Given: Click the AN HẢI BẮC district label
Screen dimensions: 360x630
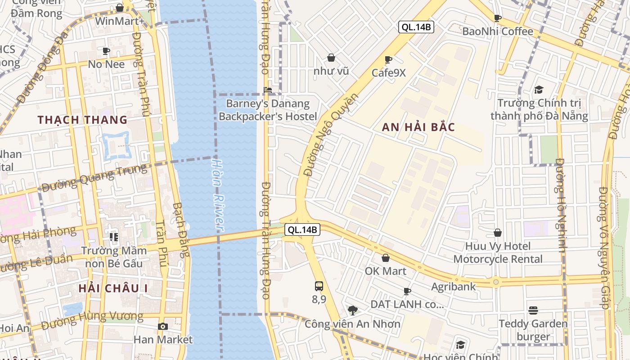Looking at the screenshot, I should pos(418,127).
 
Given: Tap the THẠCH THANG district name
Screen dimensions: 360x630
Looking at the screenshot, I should pos(83,120).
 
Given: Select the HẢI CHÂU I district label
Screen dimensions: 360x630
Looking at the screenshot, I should pos(113,288).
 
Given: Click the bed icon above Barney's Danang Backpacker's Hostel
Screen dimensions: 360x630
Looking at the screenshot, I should pos(268,90).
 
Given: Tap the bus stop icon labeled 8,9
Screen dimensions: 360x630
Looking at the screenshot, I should pos(319,286).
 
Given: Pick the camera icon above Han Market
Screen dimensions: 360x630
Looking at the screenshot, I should pos(162,326).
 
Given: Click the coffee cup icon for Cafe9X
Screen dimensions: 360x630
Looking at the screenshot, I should pos(388,59).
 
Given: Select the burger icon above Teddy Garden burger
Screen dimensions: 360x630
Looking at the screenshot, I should pos(533,310).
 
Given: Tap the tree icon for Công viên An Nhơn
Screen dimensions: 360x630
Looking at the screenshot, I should pos(353,310).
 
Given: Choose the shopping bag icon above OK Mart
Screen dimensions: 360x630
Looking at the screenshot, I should pos(386,258).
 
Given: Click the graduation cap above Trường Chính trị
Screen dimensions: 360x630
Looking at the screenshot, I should pos(539,90).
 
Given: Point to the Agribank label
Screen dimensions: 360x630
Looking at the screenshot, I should pos(453,287).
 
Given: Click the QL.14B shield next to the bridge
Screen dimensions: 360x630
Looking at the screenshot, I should pos(303,229).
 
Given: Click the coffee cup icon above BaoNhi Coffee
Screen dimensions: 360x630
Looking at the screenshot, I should pos(498,18).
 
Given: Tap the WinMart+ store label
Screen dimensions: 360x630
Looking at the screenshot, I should pos(120,21).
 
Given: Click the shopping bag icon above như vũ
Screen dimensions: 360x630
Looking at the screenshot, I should pos(331,58).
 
